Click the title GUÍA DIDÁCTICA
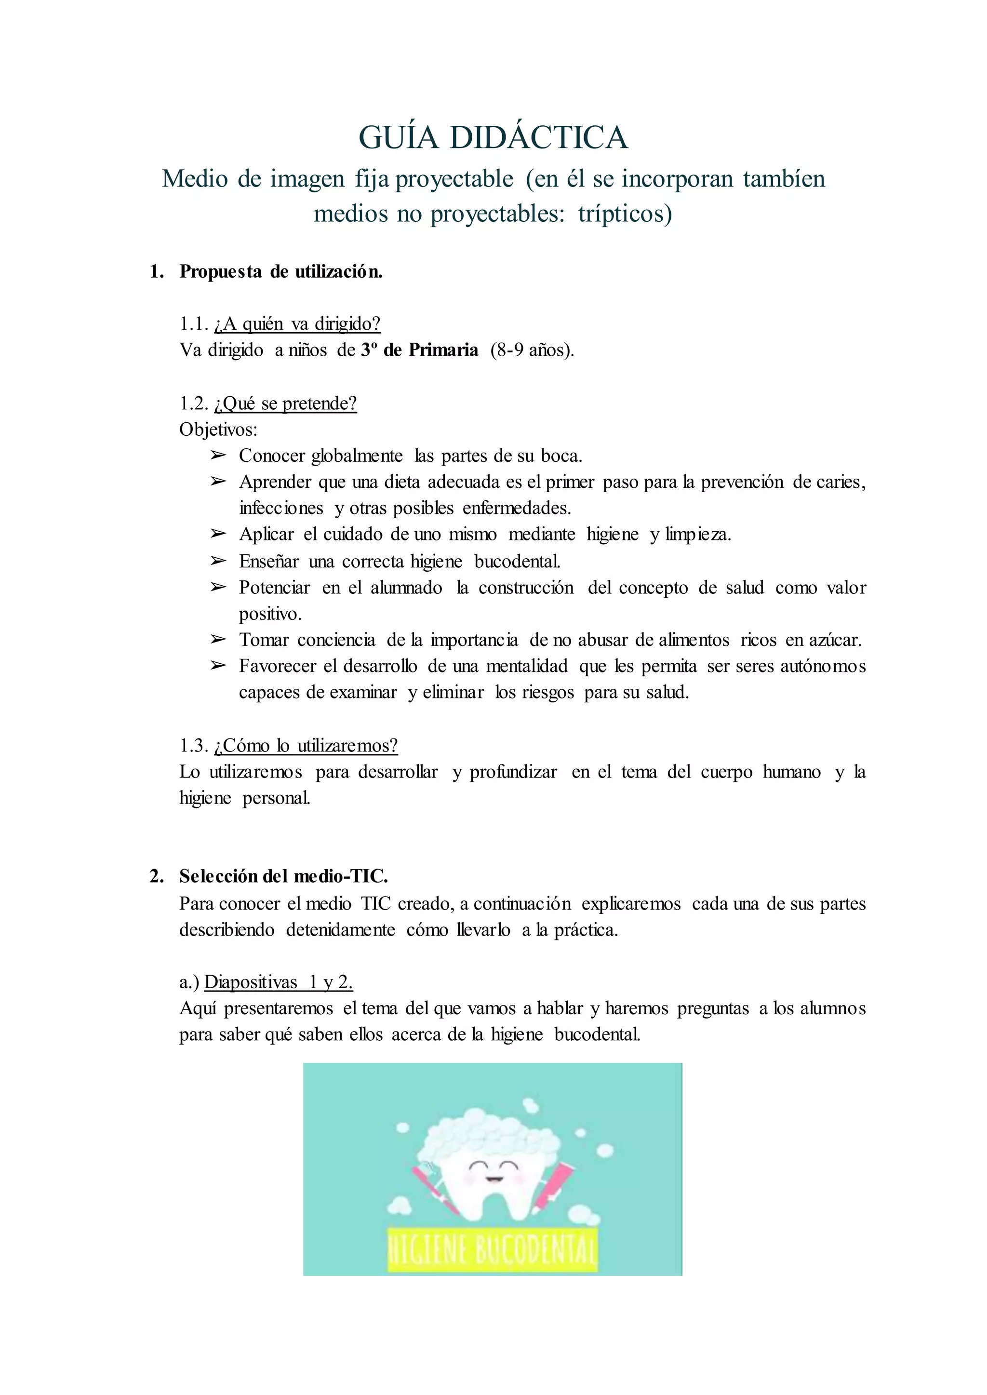(493, 137)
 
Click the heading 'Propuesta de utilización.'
(281, 272)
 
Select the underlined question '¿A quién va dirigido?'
(297, 324)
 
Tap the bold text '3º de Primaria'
(419, 350)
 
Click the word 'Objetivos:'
(218, 430)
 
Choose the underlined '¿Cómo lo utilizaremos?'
(306, 745)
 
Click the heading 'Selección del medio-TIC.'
(283, 876)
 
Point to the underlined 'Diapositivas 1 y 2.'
(279, 982)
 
